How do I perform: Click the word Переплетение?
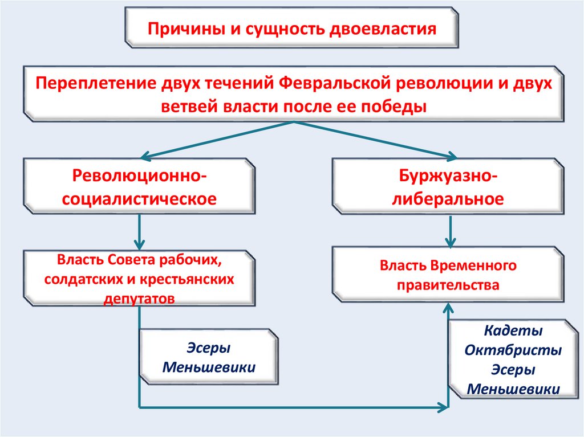click(x=90, y=83)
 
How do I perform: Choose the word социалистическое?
click(x=140, y=199)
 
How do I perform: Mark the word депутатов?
click(x=139, y=298)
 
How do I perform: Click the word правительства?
click(x=448, y=285)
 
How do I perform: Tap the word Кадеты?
click(x=513, y=330)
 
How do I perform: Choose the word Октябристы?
click(x=513, y=350)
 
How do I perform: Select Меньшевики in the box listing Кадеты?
click(x=513, y=389)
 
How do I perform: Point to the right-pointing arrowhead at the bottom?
click(x=443, y=407)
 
